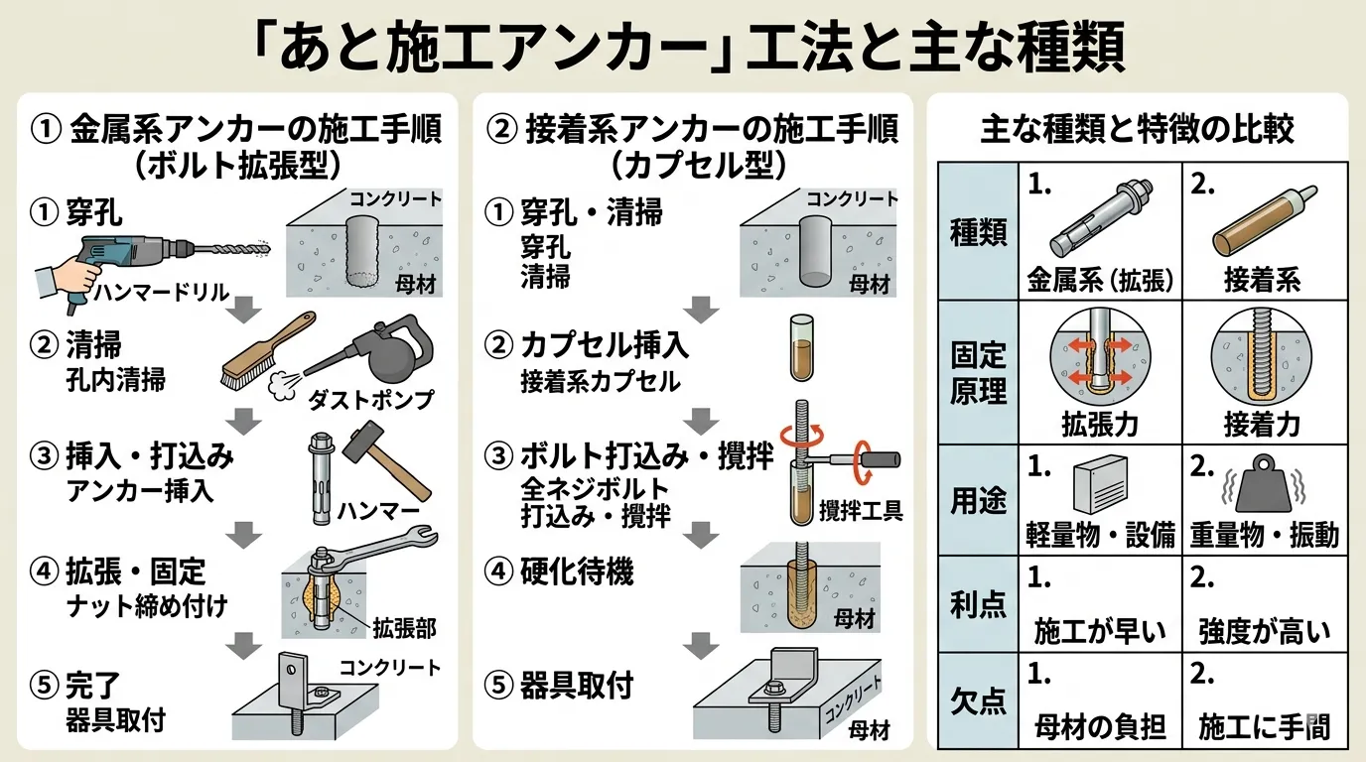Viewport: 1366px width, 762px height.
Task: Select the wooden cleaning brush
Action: tap(261, 346)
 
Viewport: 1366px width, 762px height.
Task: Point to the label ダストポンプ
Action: tap(382, 400)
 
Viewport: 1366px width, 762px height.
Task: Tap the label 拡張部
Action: tap(403, 627)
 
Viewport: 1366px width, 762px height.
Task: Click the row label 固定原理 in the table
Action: tap(978, 372)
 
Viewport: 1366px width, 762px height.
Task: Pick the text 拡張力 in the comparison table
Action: tap(1098, 425)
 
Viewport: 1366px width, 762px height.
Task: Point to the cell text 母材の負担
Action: tap(1098, 728)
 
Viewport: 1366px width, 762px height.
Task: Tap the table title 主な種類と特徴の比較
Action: tap(1138, 130)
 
